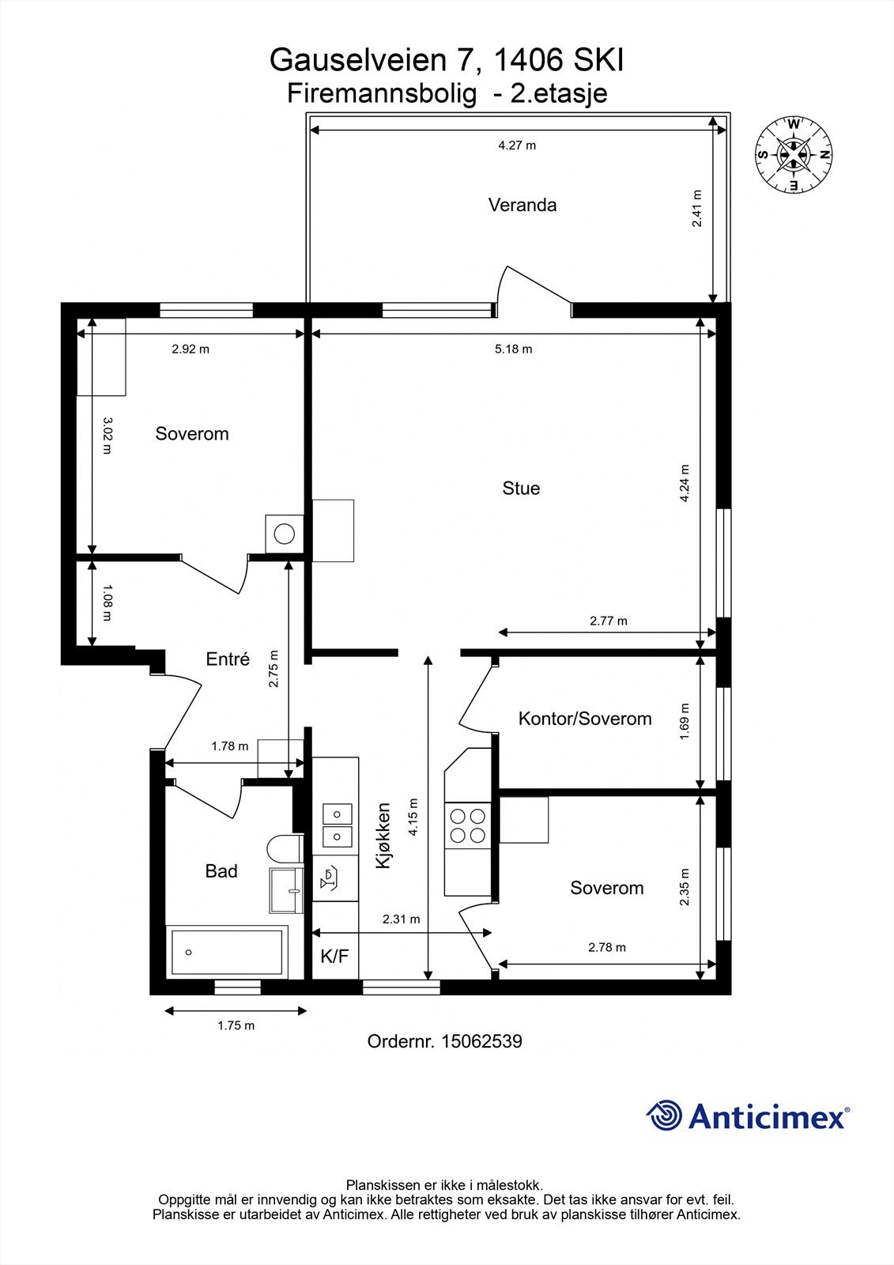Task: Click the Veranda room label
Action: (x=522, y=206)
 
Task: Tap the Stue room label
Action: (x=521, y=489)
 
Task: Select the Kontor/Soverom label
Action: (x=585, y=719)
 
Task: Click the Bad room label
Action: (x=221, y=871)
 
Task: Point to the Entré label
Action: (x=228, y=659)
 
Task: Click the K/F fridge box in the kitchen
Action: (x=334, y=956)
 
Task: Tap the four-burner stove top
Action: (x=468, y=825)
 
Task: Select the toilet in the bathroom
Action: (x=283, y=850)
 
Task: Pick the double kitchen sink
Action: (x=338, y=824)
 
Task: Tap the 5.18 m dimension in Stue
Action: (x=514, y=349)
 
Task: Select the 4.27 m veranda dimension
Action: (x=517, y=145)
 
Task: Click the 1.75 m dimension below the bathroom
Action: (x=236, y=1025)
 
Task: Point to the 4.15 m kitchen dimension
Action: (x=413, y=818)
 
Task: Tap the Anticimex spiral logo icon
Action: (x=665, y=1116)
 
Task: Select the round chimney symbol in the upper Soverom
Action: (x=284, y=533)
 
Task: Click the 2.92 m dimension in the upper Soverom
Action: (x=190, y=349)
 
